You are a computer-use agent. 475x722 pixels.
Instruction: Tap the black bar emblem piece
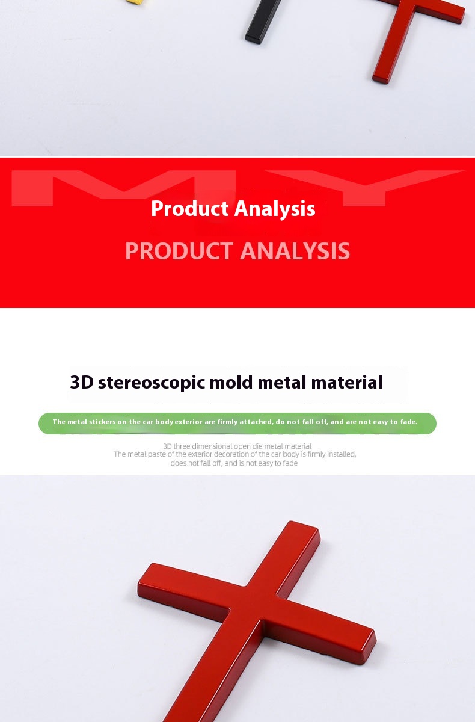click(x=263, y=21)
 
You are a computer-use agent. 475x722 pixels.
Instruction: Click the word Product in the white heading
click(x=189, y=209)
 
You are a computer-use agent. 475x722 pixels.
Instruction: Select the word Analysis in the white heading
click(x=275, y=209)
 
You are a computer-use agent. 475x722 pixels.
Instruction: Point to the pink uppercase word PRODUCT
click(x=179, y=251)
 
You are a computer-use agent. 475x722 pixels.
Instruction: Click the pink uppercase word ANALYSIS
click(x=295, y=251)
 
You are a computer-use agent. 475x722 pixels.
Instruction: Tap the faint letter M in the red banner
click(x=124, y=188)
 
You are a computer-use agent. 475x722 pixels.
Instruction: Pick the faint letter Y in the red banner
click(x=365, y=188)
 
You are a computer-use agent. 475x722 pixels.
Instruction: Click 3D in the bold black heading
click(x=82, y=382)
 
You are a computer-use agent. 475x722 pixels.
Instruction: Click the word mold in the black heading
click(x=231, y=382)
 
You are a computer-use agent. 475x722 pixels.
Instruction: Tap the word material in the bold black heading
click(x=347, y=382)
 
